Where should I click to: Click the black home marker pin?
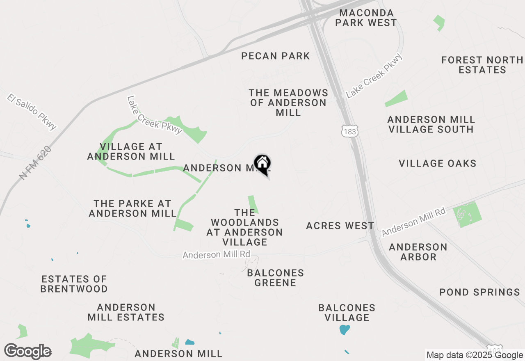pos(262,164)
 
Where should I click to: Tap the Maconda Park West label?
pos(366,18)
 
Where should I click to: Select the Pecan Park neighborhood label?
pos(276,56)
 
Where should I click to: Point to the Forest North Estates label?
pos(482,65)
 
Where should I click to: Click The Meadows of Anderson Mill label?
pos(289,103)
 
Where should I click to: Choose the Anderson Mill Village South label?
pos(431,124)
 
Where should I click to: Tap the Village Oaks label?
pos(438,163)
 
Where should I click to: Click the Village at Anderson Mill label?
pos(131,151)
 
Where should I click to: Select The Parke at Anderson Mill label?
pos(132,208)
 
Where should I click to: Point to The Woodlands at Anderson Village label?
pos(245,227)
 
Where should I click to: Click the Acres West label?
pos(340,226)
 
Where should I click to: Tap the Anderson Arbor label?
pos(418,252)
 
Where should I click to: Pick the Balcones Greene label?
pos(276,278)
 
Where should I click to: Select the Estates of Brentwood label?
pos(74,284)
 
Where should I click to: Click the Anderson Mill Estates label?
pos(126,312)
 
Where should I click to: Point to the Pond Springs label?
pos(480,292)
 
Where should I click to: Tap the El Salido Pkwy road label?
pos(31,112)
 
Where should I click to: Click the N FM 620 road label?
pos(36,163)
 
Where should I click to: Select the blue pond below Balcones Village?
pos(345,329)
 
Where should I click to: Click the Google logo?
pos(27,352)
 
